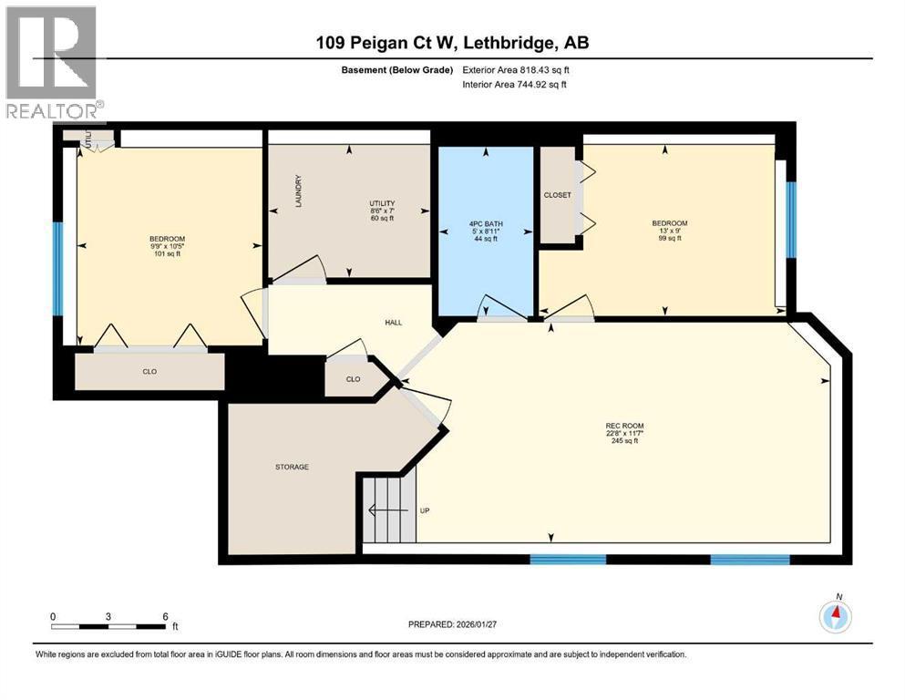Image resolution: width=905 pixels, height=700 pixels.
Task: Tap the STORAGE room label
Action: [292, 467]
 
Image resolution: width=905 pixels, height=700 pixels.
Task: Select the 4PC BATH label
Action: [487, 223]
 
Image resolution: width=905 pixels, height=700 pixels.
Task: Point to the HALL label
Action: [393, 323]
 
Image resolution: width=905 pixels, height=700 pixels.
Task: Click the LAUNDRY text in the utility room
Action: [298, 192]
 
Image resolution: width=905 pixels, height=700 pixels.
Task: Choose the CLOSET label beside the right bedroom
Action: [557, 195]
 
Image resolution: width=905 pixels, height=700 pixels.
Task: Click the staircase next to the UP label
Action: [387, 510]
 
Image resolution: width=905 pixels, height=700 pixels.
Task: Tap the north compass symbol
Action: [835, 616]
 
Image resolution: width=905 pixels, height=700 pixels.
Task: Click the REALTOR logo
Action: [52, 64]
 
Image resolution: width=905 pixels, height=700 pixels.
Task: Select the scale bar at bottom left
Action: [109, 626]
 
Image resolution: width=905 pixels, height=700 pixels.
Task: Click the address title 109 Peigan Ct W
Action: [452, 44]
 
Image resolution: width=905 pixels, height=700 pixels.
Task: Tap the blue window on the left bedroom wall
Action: [57, 268]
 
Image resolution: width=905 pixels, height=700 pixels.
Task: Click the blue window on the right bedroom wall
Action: [791, 219]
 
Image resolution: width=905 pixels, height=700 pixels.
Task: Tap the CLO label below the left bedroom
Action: [149, 372]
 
